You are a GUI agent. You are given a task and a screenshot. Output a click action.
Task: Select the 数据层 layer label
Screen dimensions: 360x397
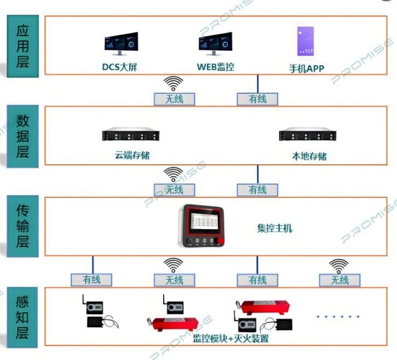[x=22, y=136]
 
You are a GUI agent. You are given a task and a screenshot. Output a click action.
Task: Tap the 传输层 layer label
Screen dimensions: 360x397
[x=22, y=225]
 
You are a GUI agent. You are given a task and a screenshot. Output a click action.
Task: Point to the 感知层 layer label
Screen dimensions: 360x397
[x=22, y=317]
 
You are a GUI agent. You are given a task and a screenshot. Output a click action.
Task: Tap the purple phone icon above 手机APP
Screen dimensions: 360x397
[x=307, y=41]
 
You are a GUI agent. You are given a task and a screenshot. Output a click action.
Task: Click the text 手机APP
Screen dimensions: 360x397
[x=307, y=68]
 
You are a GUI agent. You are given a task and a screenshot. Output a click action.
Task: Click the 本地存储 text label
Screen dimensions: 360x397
[x=309, y=156]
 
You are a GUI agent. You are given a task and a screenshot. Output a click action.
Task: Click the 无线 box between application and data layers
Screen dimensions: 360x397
[x=174, y=99]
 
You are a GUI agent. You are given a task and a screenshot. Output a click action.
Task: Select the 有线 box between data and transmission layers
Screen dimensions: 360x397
[x=257, y=190]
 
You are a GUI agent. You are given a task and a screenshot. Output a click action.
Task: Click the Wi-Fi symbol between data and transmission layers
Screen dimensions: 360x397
[x=174, y=174]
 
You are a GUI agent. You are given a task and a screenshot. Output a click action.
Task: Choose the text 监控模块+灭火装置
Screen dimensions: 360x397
[x=231, y=339]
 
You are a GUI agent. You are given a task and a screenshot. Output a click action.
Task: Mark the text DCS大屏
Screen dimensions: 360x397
[x=122, y=68]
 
